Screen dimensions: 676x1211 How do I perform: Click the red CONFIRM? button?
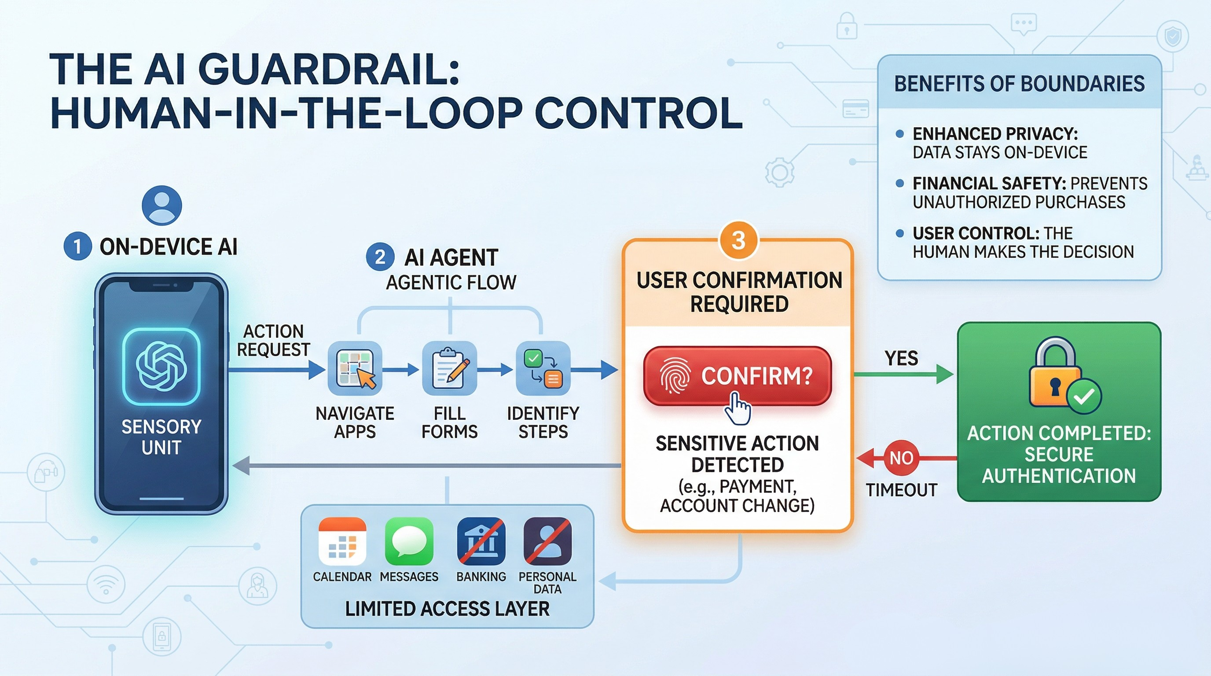coord(737,376)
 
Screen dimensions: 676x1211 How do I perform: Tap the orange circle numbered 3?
coord(738,241)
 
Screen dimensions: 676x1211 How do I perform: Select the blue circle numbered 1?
coord(77,246)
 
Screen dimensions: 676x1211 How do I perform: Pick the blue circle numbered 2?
coord(380,257)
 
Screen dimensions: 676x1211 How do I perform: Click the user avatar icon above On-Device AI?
coord(162,206)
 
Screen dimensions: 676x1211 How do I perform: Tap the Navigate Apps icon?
coord(355,368)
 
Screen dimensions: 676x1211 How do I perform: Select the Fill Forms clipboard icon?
coord(449,368)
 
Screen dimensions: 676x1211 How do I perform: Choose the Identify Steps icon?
coord(543,368)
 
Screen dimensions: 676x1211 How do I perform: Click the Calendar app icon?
coord(342,541)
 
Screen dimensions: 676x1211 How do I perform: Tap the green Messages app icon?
coord(409,541)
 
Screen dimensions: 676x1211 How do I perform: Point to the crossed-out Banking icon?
coord(481,541)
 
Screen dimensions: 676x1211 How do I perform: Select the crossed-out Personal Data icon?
coord(548,541)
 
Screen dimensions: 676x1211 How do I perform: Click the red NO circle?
coord(901,457)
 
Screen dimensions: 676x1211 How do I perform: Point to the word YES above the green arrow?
coord(901,358)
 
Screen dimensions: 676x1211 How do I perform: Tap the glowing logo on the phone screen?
coord(161,367)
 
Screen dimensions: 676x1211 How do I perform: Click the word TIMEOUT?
coord(901,490)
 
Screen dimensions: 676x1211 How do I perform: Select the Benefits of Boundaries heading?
coord(1019,84)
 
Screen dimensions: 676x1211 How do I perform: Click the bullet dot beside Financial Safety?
coord(900,184)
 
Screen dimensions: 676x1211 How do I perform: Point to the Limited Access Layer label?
coord(447,609)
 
